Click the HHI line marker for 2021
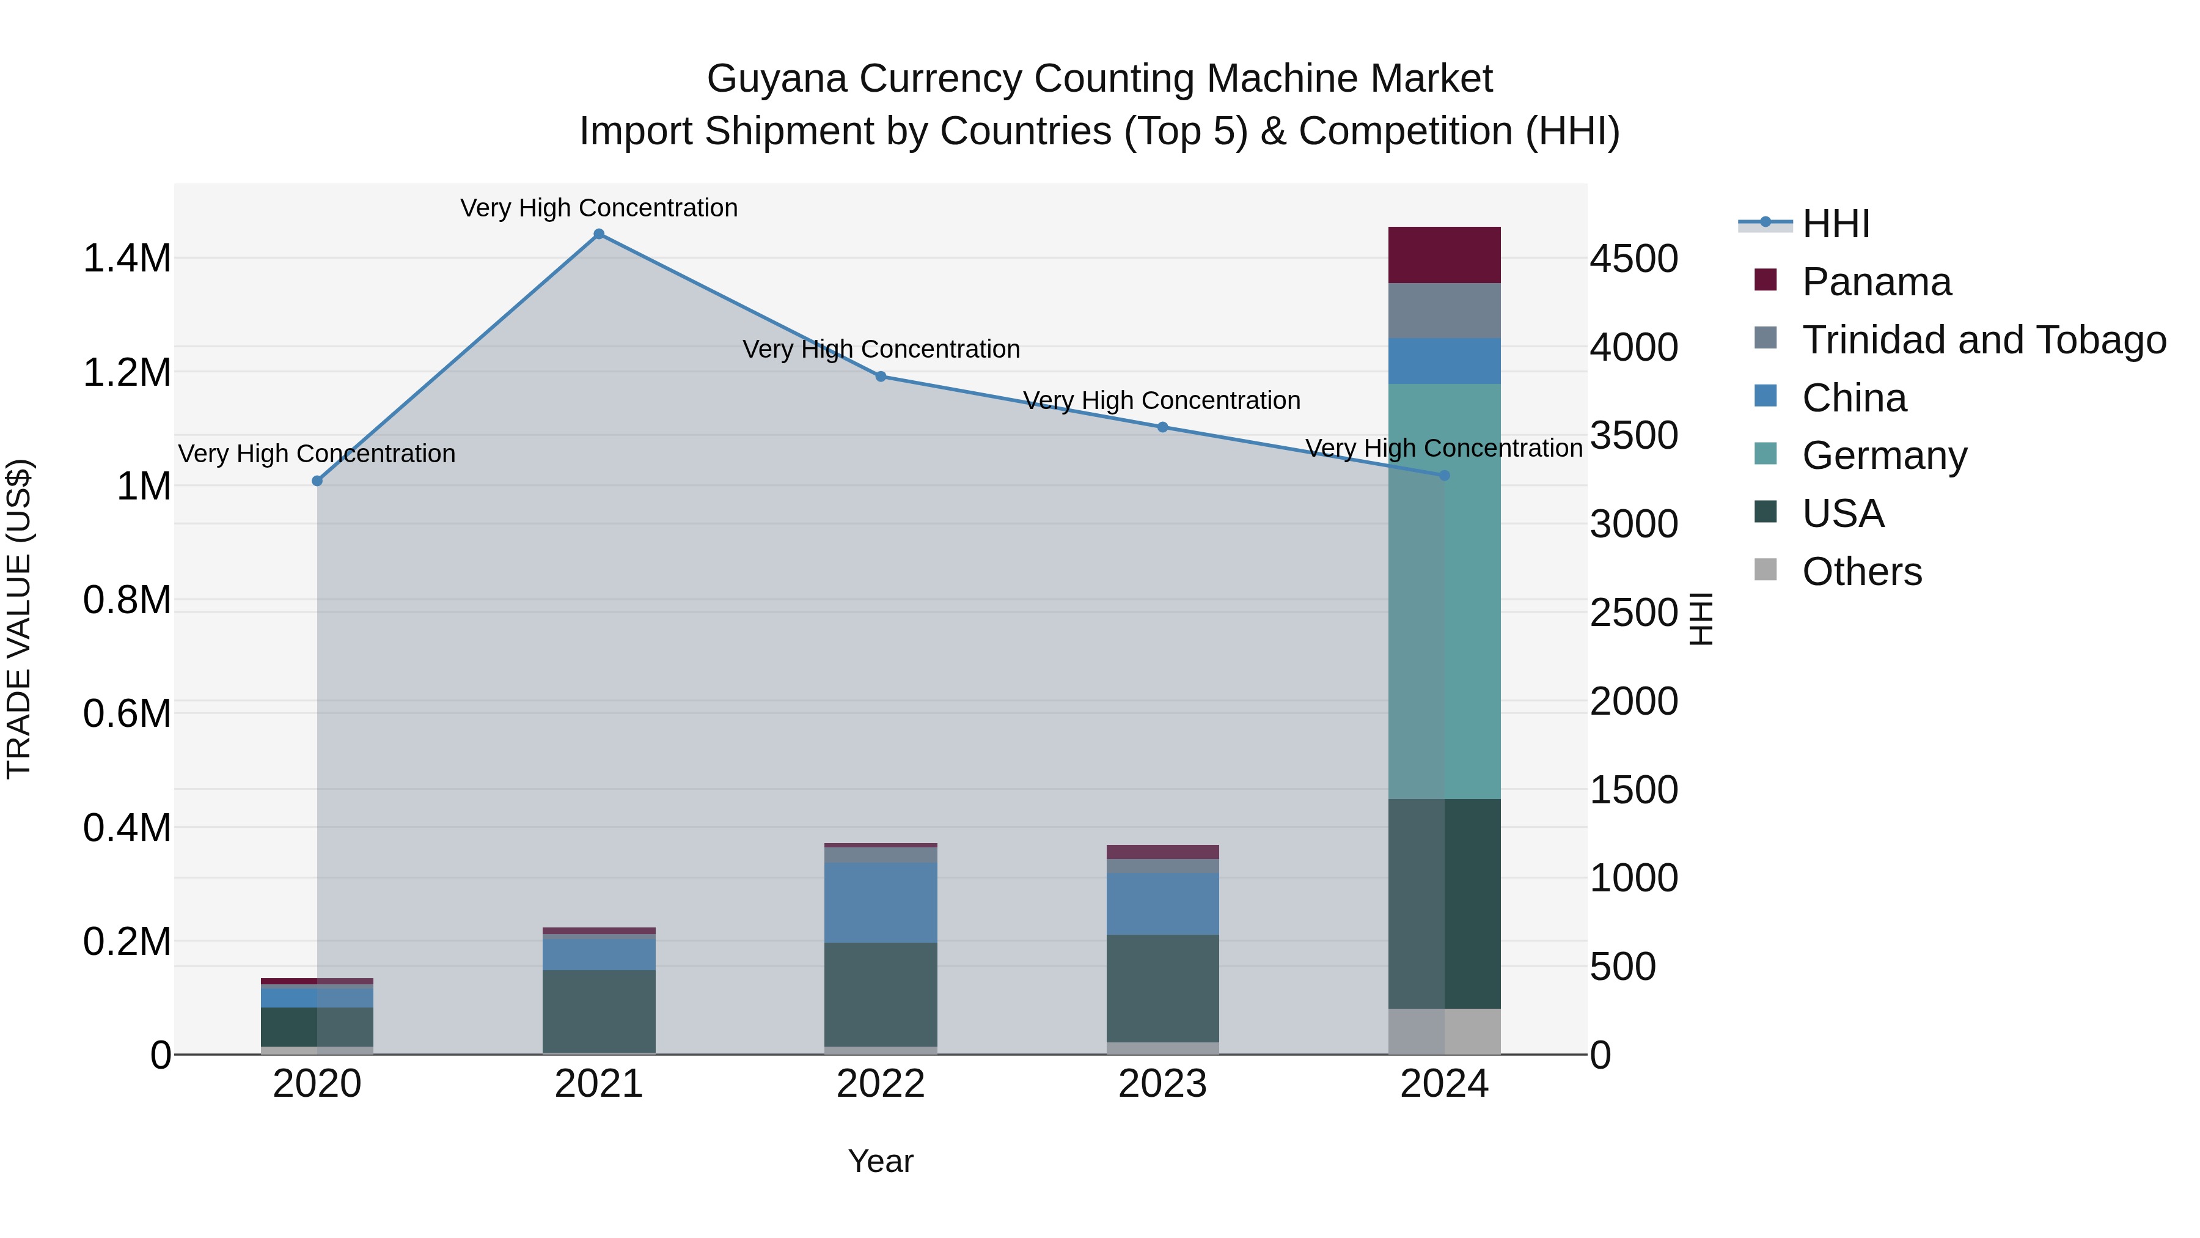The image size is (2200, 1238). tap(599, 234)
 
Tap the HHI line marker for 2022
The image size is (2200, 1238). tap(881, 377)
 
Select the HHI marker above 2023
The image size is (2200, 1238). tap(1162, 427)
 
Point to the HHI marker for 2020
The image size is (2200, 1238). tap(317, 481)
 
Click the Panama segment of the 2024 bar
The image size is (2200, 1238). tap(1444, 254)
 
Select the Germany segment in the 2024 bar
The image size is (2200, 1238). tap(1444, 589)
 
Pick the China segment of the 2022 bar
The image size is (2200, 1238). tap(881, 902)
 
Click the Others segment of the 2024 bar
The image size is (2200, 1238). tap(1444, 1031)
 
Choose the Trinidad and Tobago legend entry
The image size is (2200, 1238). tap(1983, 340)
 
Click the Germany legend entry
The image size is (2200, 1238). tap(1884, 455)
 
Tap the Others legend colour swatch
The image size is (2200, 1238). tap(1766, 570)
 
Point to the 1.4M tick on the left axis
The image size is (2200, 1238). tap(127, 258)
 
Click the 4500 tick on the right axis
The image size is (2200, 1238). tap(1634, 259)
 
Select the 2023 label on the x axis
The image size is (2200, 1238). tap(1162, 1084)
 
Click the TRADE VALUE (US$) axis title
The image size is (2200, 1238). tap(19, 619)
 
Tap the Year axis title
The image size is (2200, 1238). tap(881, 1161)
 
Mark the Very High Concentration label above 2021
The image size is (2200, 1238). tap(599, 208)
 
